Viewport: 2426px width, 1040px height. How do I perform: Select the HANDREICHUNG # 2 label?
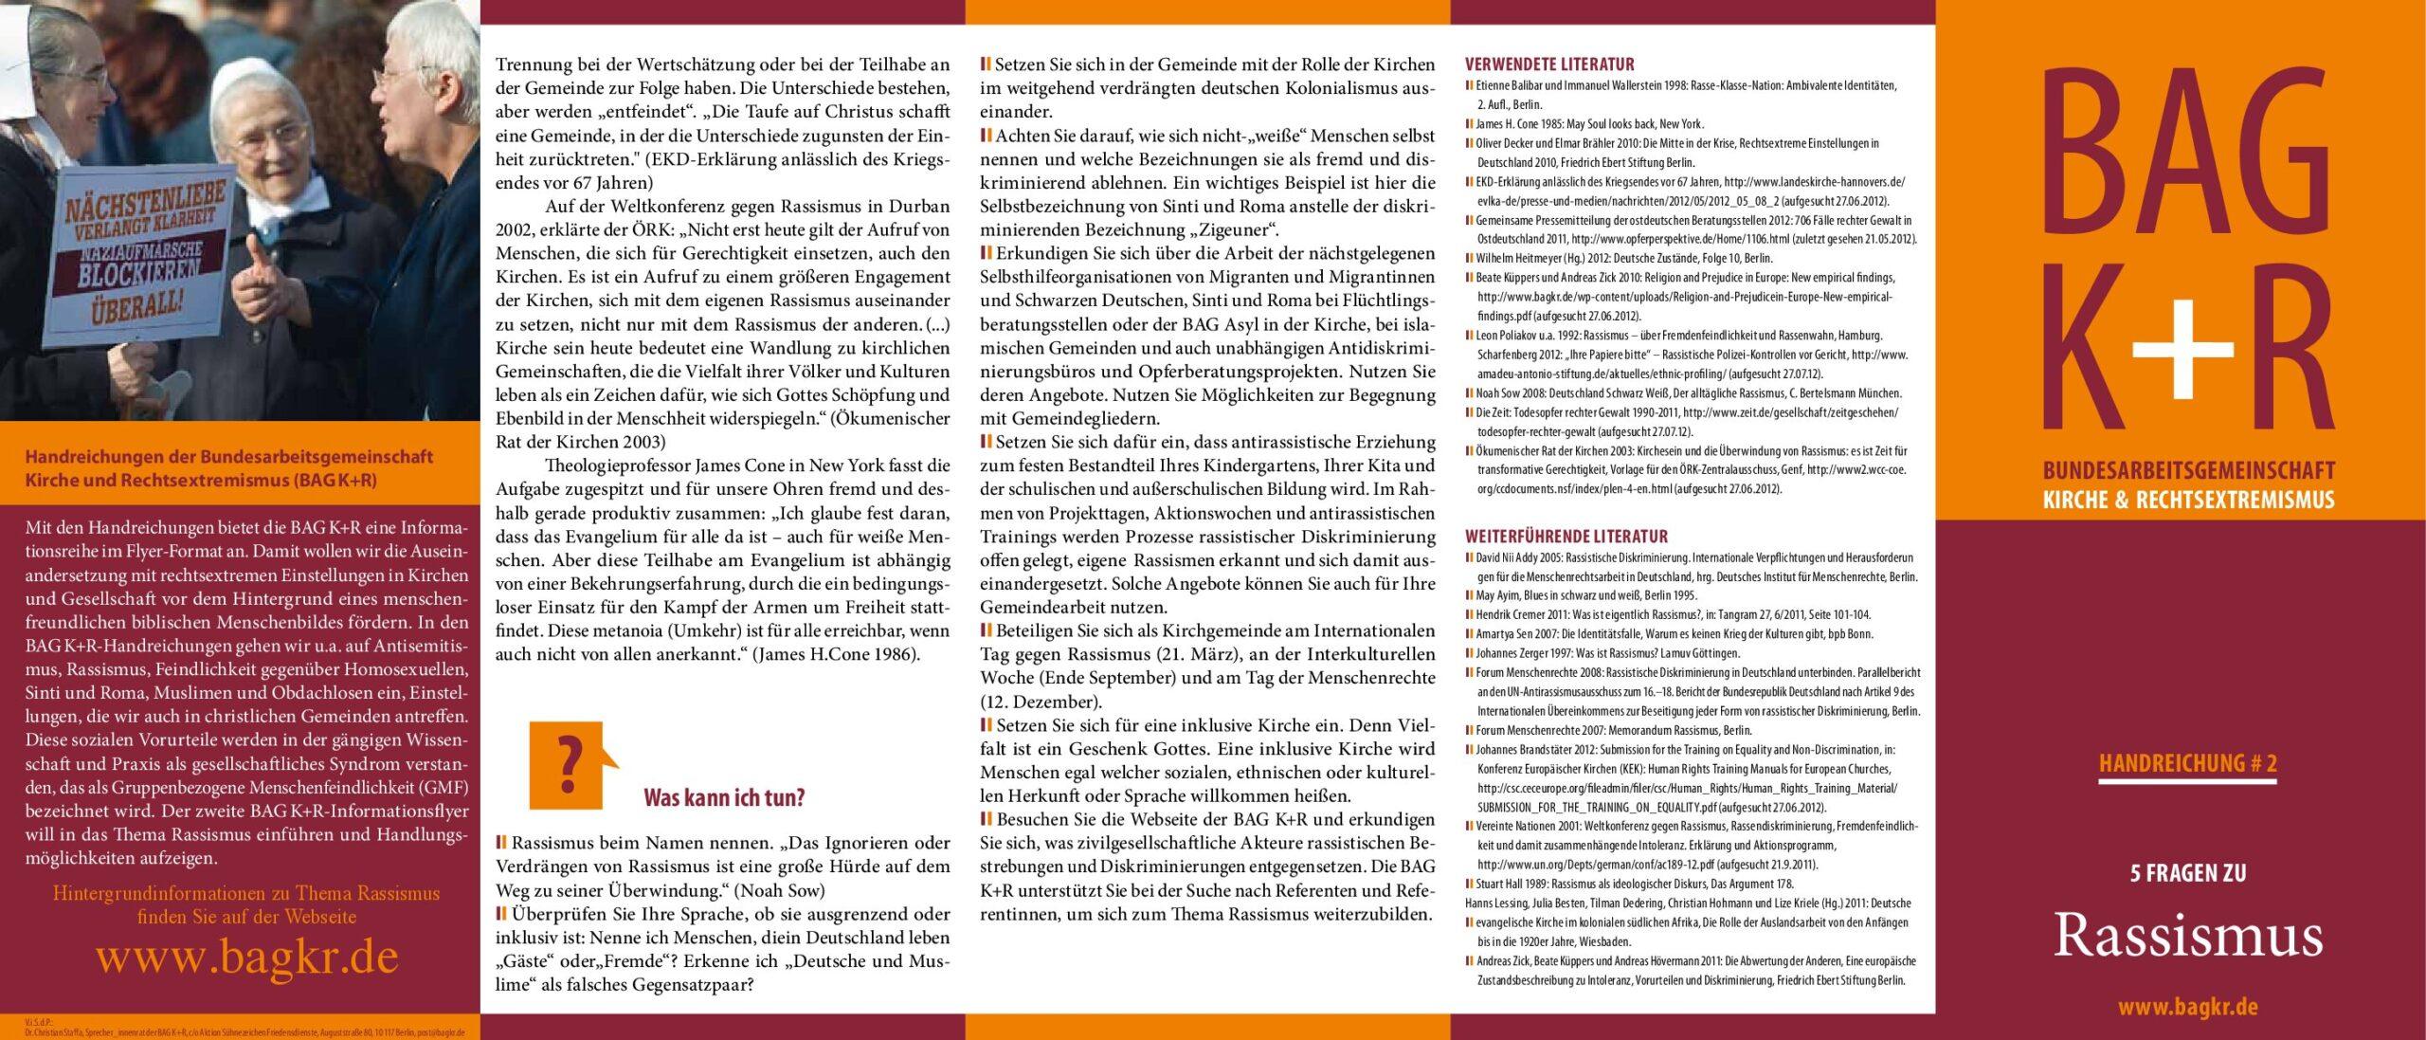2187,765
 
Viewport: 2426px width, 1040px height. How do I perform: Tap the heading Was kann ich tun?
724,797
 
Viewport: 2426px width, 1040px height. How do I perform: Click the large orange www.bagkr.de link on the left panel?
246,958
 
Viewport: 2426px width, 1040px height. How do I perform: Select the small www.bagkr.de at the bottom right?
2187,1009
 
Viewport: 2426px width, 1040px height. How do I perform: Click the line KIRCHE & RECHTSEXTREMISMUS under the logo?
2188,499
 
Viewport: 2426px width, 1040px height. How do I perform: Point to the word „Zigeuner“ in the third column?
1237,230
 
